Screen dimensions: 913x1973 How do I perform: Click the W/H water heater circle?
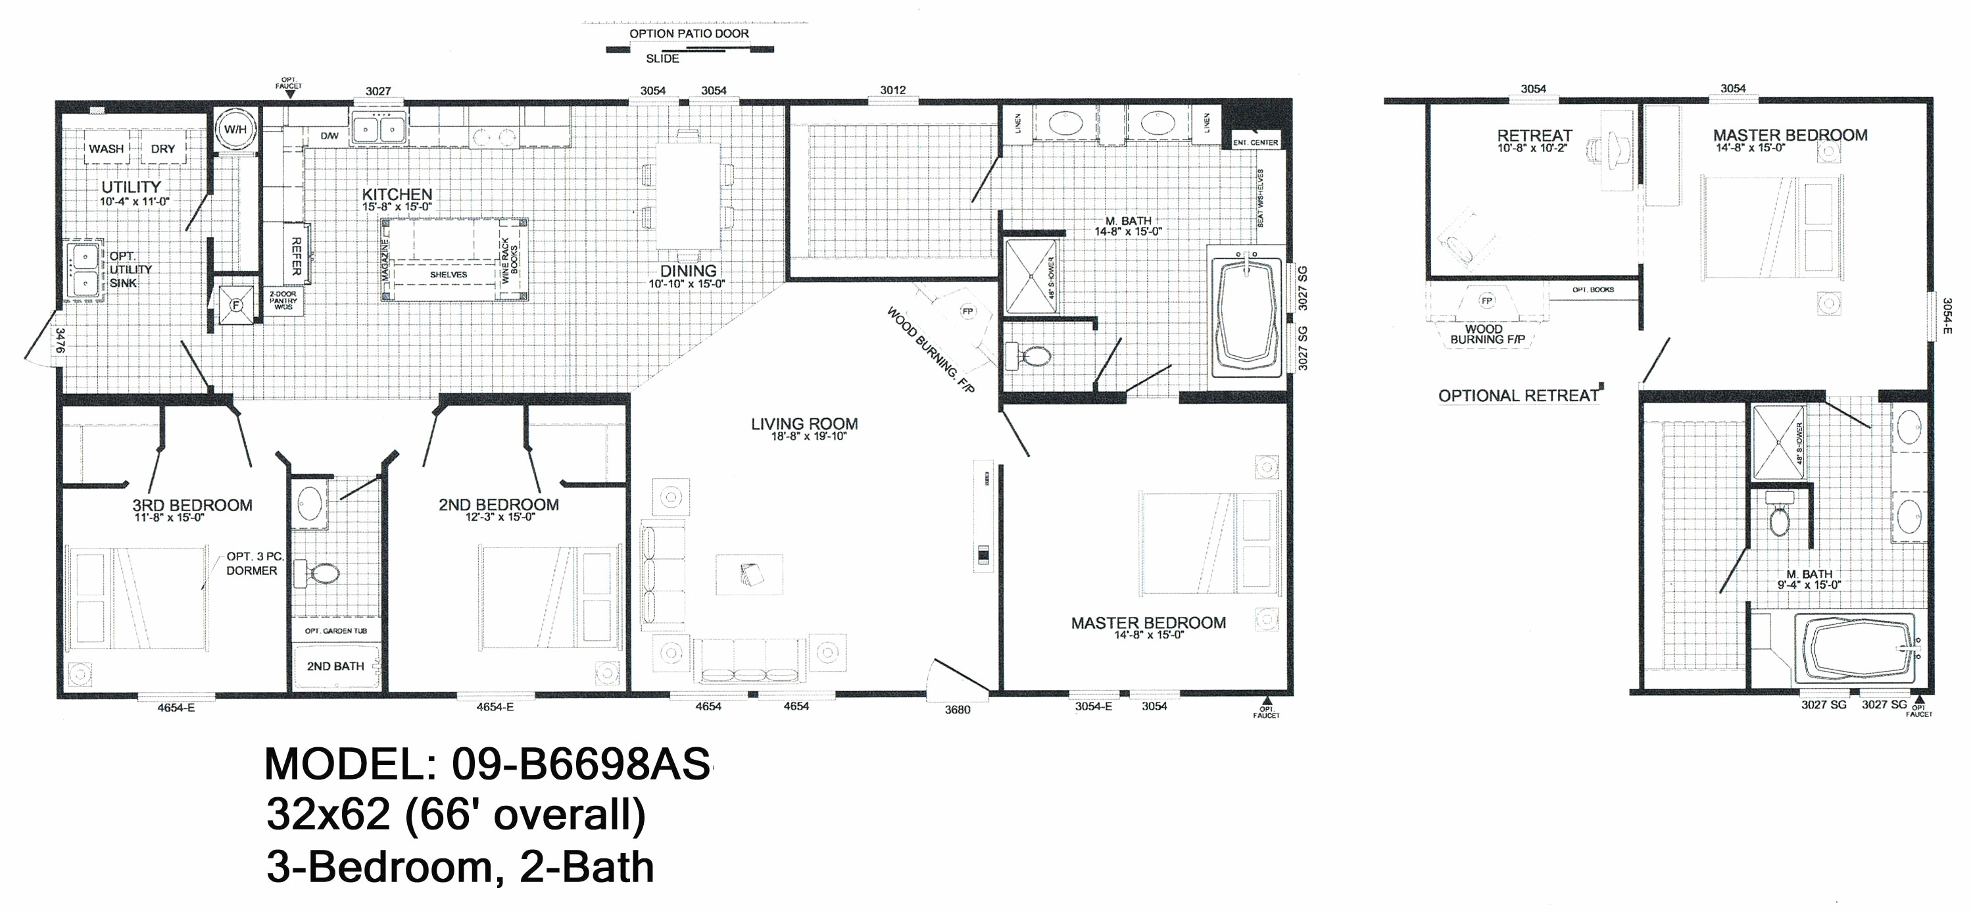click(235, 130)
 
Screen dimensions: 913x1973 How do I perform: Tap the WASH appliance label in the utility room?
click(107, 149)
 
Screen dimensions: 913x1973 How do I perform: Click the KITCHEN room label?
click(397, 195)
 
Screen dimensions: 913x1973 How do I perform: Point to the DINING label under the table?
click(688, 271)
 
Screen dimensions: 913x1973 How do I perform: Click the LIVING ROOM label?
click(804, 424)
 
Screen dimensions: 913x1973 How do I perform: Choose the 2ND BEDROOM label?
click(499, 505)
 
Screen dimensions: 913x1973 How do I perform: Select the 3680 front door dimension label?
click(958, 710)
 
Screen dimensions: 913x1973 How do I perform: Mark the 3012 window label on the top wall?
click(893, 90)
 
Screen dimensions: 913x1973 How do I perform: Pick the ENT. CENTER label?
click(1255, 143)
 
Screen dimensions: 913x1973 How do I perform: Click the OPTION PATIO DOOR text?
click(689, 34)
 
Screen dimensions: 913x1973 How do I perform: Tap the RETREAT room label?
click(1534, 136)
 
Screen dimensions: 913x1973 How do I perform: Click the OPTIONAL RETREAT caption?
click(1518, 396)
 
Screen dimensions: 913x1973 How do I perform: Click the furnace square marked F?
click(236, 305)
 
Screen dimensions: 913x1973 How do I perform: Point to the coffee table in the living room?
click(749, 574)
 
